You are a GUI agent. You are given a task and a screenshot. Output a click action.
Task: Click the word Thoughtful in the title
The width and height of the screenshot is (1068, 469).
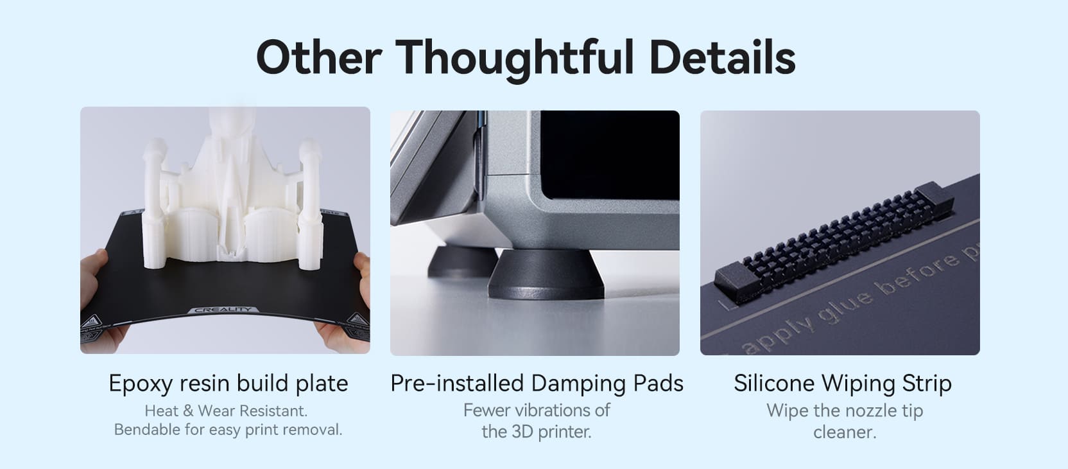515,58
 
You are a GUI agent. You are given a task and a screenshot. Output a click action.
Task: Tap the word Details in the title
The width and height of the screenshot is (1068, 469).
722,57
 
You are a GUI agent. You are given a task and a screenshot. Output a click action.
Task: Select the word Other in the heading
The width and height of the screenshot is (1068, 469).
319,57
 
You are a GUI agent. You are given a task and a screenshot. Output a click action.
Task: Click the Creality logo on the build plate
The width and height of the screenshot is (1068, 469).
223,310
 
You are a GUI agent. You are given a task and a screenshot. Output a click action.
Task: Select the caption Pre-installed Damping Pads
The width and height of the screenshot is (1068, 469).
537,384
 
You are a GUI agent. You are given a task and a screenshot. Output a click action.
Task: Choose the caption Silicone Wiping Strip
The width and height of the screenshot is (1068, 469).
843,383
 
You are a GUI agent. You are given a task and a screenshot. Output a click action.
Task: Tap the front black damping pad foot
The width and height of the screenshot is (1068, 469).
546,274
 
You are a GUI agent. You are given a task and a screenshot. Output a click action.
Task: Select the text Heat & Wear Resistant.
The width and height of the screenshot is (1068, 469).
226,411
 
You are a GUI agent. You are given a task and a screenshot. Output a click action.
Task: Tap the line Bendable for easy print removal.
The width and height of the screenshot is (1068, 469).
228,430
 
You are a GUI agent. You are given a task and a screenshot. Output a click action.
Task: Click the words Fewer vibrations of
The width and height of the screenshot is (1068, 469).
537,411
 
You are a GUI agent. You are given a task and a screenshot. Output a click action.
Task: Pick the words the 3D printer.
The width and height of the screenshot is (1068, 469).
537,432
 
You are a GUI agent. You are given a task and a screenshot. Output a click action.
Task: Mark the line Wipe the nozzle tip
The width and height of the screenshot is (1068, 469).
845,411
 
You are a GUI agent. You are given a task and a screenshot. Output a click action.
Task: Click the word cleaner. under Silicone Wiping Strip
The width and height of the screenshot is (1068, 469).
845,432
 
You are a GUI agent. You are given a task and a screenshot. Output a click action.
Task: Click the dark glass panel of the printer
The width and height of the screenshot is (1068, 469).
610,155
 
